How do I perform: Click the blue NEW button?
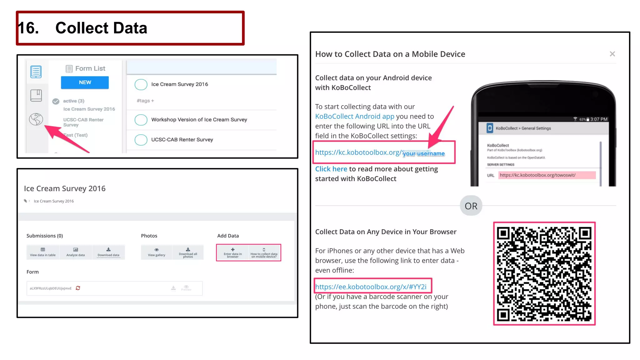pos(85,82)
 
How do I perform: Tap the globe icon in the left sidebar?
pos(36,119)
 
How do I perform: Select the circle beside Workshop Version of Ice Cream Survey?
pos(141,120)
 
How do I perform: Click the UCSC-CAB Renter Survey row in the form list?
pos(182,140)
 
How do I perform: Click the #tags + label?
pos(145,101)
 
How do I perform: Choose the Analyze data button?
pos(76,252)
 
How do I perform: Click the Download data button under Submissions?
pos(108,252)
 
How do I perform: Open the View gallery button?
pos(156,252)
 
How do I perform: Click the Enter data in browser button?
pos(232,252)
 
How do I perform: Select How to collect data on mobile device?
pos(264,252)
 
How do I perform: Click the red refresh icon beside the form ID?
pos(78,288)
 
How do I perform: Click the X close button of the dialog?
pos(612,54)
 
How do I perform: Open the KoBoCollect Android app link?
pos(354,116)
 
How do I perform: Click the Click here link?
pos(331,169)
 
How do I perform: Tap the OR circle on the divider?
pos(471,206)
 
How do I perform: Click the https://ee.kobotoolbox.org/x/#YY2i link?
pos(371,287)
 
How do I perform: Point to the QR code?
pos(544,274)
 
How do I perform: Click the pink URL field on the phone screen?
pos(547,175)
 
